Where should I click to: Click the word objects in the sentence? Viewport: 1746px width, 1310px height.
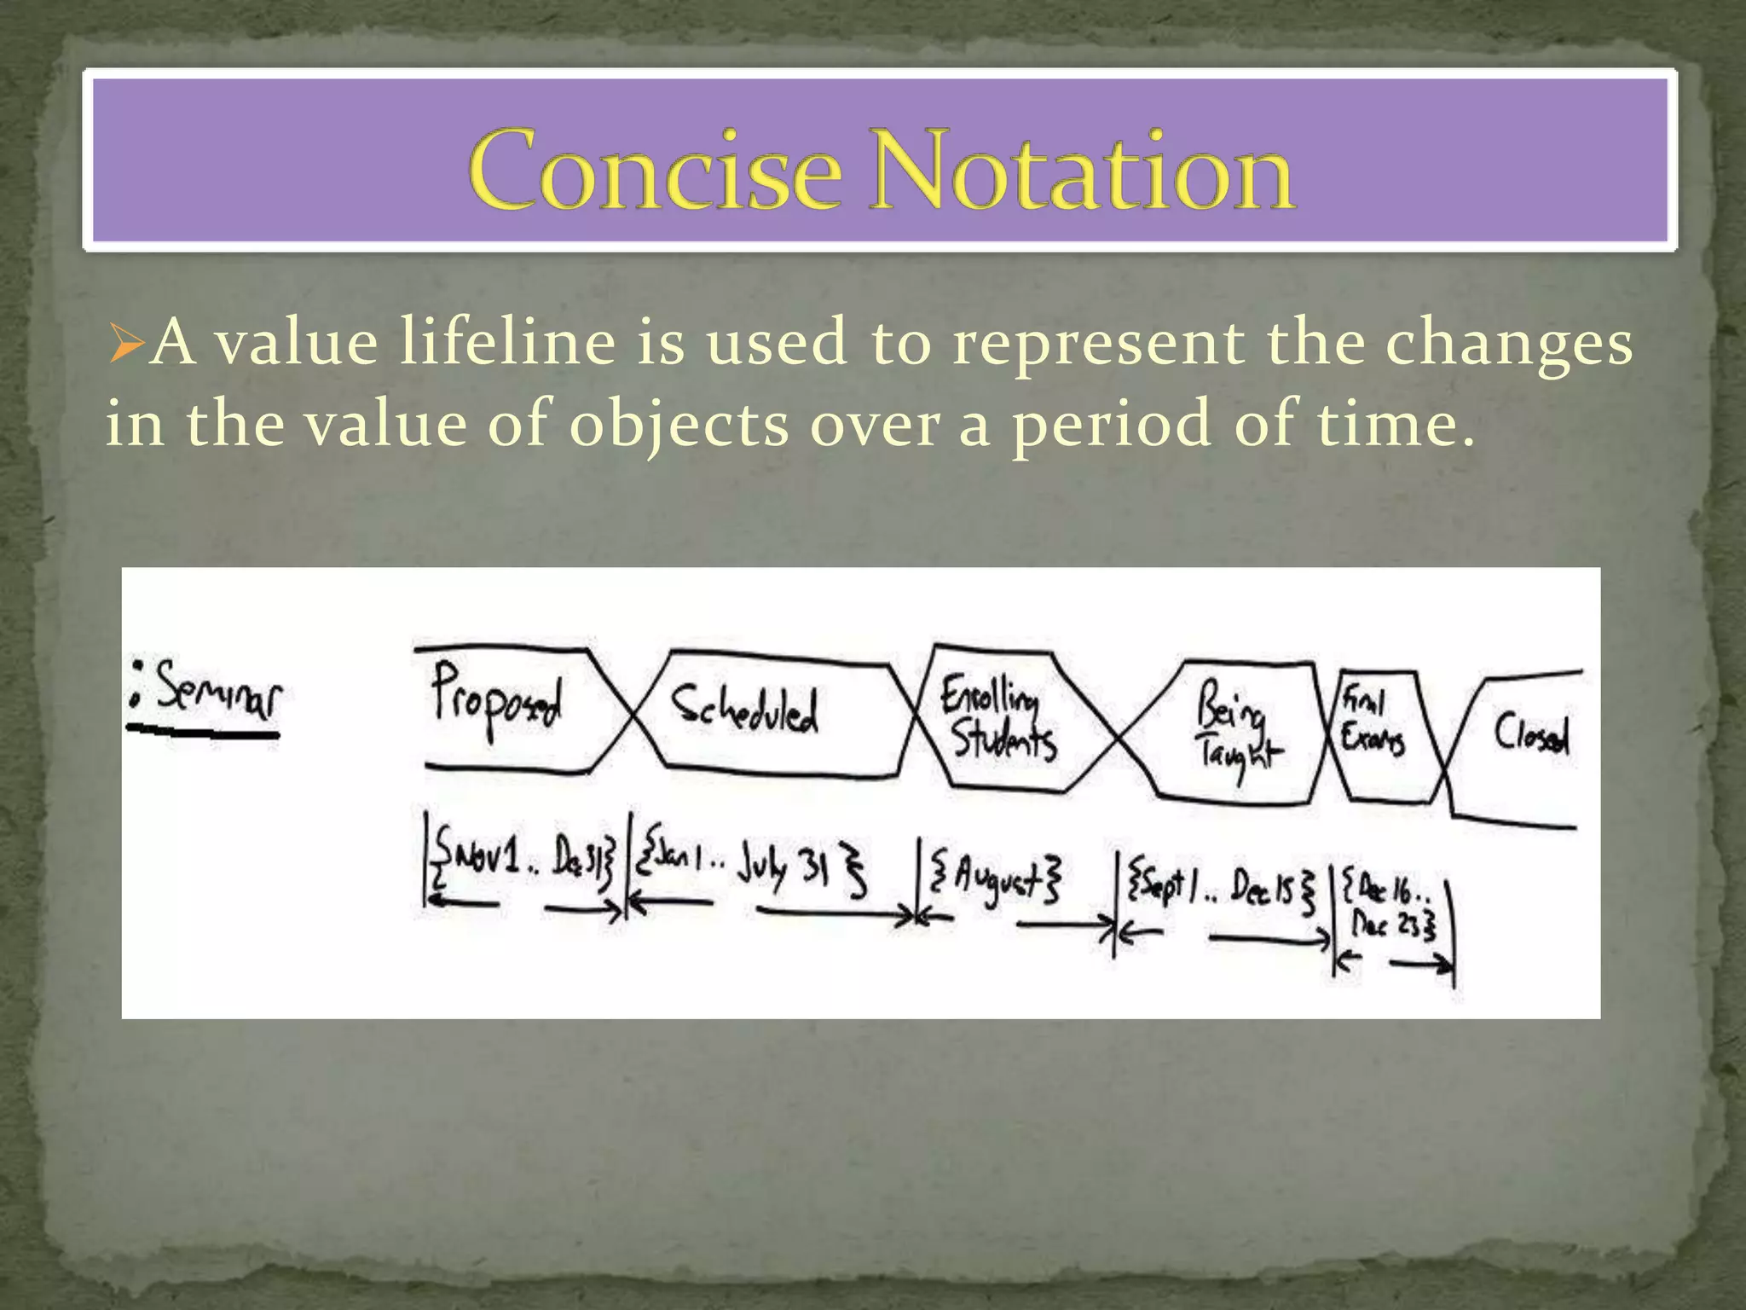[679, 425]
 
